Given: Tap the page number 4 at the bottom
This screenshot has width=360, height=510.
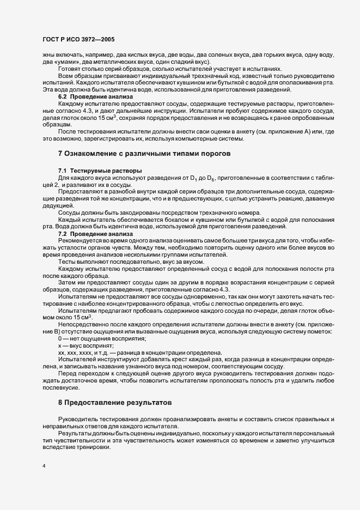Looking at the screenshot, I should click(44, 466).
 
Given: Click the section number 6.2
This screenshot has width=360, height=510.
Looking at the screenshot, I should click(63, 96).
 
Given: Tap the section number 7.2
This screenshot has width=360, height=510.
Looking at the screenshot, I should click(63, 233).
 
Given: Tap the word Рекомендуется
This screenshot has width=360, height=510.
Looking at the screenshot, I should click(78, 240).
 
